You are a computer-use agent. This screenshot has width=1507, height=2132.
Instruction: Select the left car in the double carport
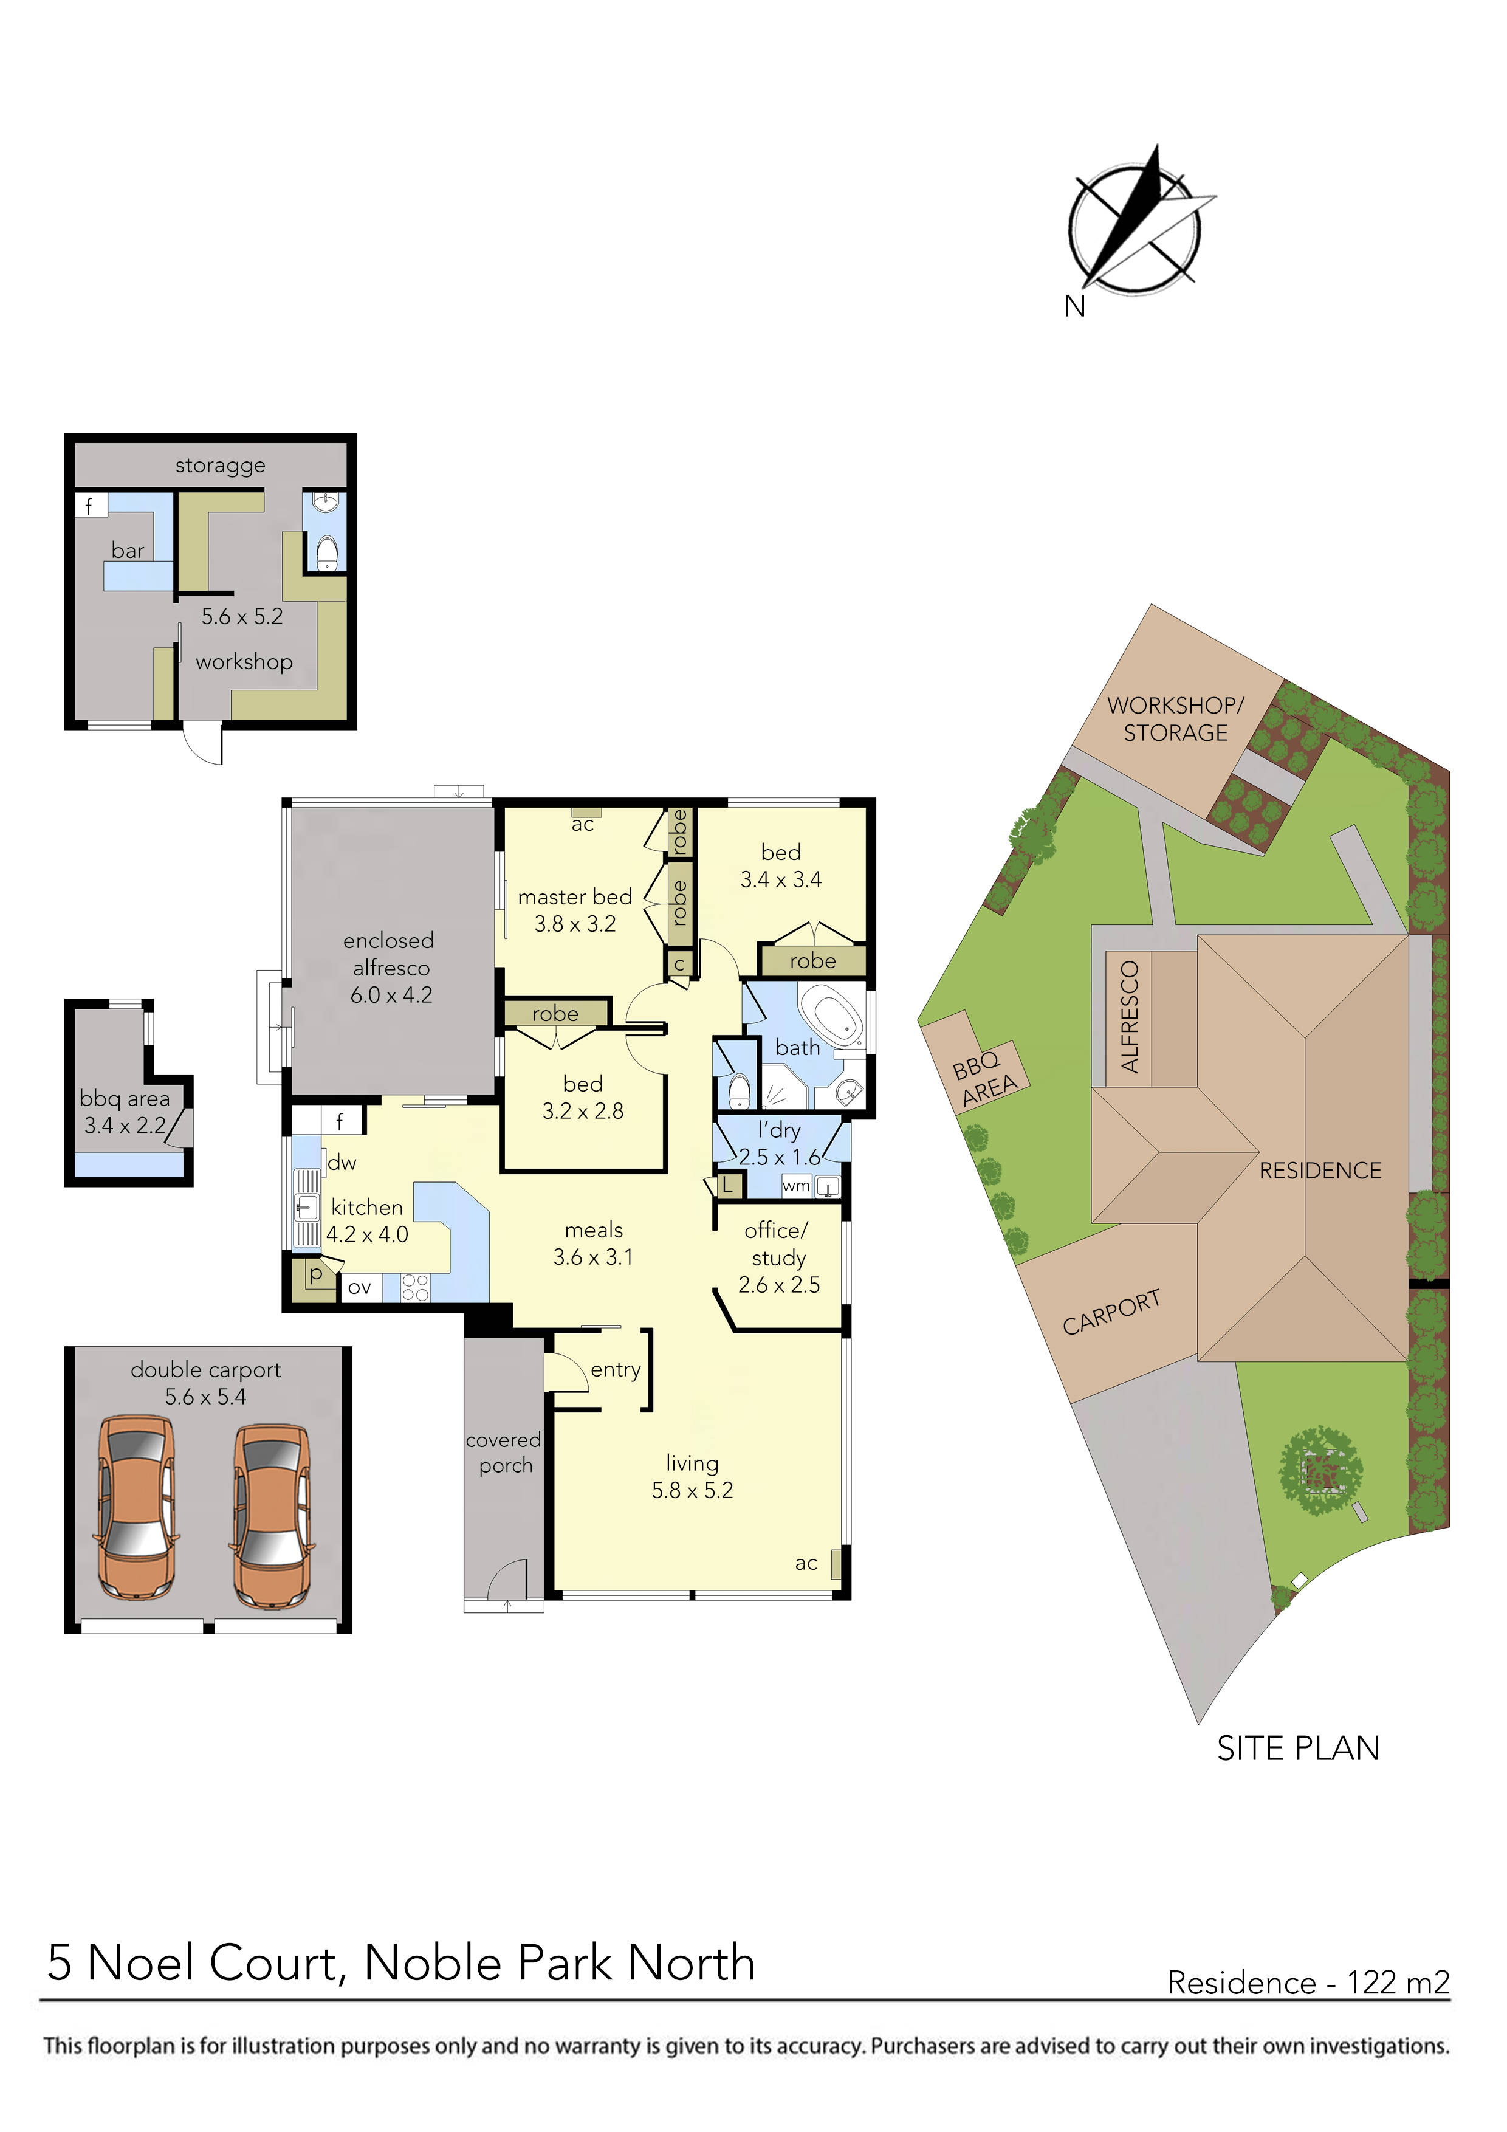click(x=137, y=1508)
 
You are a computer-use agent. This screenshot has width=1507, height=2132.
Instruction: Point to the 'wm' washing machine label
click(x=796, y=1186)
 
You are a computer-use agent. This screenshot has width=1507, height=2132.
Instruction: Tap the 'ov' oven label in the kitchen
click(x=359, y=1288)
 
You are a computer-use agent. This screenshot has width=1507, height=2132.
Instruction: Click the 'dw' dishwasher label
click(x=342, y=1163)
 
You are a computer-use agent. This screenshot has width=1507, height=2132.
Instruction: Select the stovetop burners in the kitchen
click(x=415, y=1287)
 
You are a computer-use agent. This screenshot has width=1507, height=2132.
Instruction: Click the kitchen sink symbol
click(x=306, y=1207)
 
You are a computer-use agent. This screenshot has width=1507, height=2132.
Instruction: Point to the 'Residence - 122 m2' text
click(x=1307, y=1982)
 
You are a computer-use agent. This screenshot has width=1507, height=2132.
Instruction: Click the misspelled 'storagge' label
click(x=220, y=465)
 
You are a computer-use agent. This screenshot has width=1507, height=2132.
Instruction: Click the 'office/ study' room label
click(x=777, y=1244)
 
